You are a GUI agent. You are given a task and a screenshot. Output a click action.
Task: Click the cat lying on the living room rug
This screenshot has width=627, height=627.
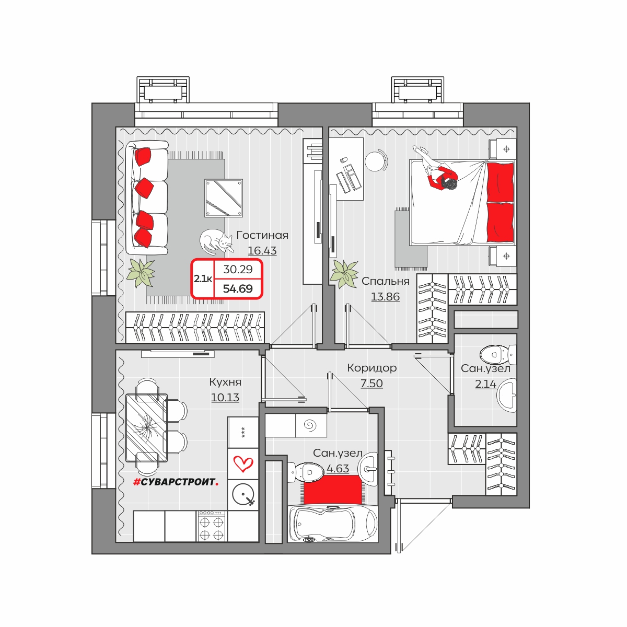(x=216, y=241)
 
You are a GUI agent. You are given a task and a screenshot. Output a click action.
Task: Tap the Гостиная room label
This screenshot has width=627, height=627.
(x=262, y=235)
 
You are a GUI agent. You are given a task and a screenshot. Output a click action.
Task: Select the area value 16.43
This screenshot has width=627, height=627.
(x=262, y=251)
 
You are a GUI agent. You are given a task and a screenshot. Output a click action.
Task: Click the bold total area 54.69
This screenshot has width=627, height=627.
(x=238, y=288)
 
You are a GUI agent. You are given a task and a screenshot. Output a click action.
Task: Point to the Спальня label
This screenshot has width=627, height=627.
(x=386, y=281)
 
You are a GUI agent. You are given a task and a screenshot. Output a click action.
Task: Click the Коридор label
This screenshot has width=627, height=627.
(x=372, y=368)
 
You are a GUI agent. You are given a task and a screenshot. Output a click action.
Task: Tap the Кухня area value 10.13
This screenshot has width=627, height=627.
(x=225, y=397)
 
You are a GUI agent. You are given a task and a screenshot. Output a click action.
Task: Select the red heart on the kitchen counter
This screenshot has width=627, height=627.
(x=243, y=463)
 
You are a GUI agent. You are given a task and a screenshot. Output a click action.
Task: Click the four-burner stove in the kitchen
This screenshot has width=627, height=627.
(x=212, y=526)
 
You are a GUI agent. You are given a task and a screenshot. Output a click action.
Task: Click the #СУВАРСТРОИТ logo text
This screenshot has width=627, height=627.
(x=176, y=482)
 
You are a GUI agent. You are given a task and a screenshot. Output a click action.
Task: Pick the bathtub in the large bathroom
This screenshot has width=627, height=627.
(x=333, y=524)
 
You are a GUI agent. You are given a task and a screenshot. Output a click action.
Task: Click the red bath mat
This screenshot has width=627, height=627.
(x=333, y=490)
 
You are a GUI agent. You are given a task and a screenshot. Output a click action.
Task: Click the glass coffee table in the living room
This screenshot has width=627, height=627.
(x=224, y=198)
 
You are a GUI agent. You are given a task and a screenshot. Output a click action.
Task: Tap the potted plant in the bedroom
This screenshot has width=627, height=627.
(x=344, y=274)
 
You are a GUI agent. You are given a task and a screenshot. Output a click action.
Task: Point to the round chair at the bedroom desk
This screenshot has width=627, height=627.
(x=376, y=160)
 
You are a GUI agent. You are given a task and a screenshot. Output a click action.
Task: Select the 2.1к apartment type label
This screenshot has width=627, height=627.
(x=203, y=279)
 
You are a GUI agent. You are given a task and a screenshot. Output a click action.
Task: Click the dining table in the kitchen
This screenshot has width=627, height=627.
(x=147, y=427)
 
